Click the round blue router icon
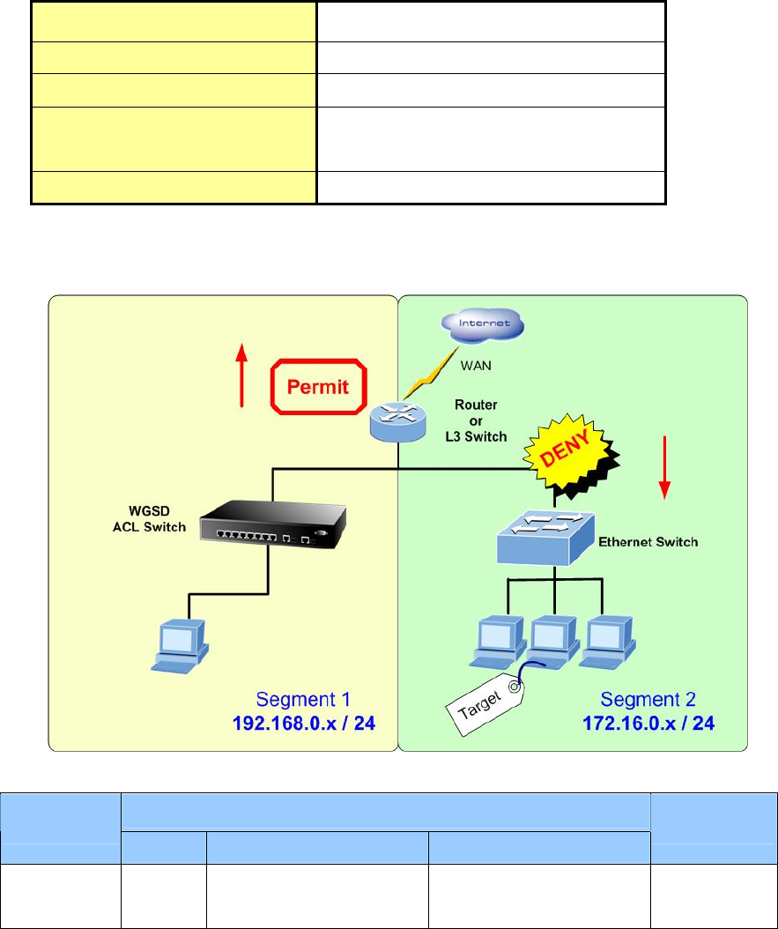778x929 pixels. coord(396,422)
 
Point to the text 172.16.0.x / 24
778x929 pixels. coord(648,724)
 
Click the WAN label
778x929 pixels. coord(478,363)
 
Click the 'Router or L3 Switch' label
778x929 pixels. coord(475,420)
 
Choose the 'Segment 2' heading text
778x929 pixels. coord(648,700)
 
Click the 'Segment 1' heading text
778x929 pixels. coord(303,700)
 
